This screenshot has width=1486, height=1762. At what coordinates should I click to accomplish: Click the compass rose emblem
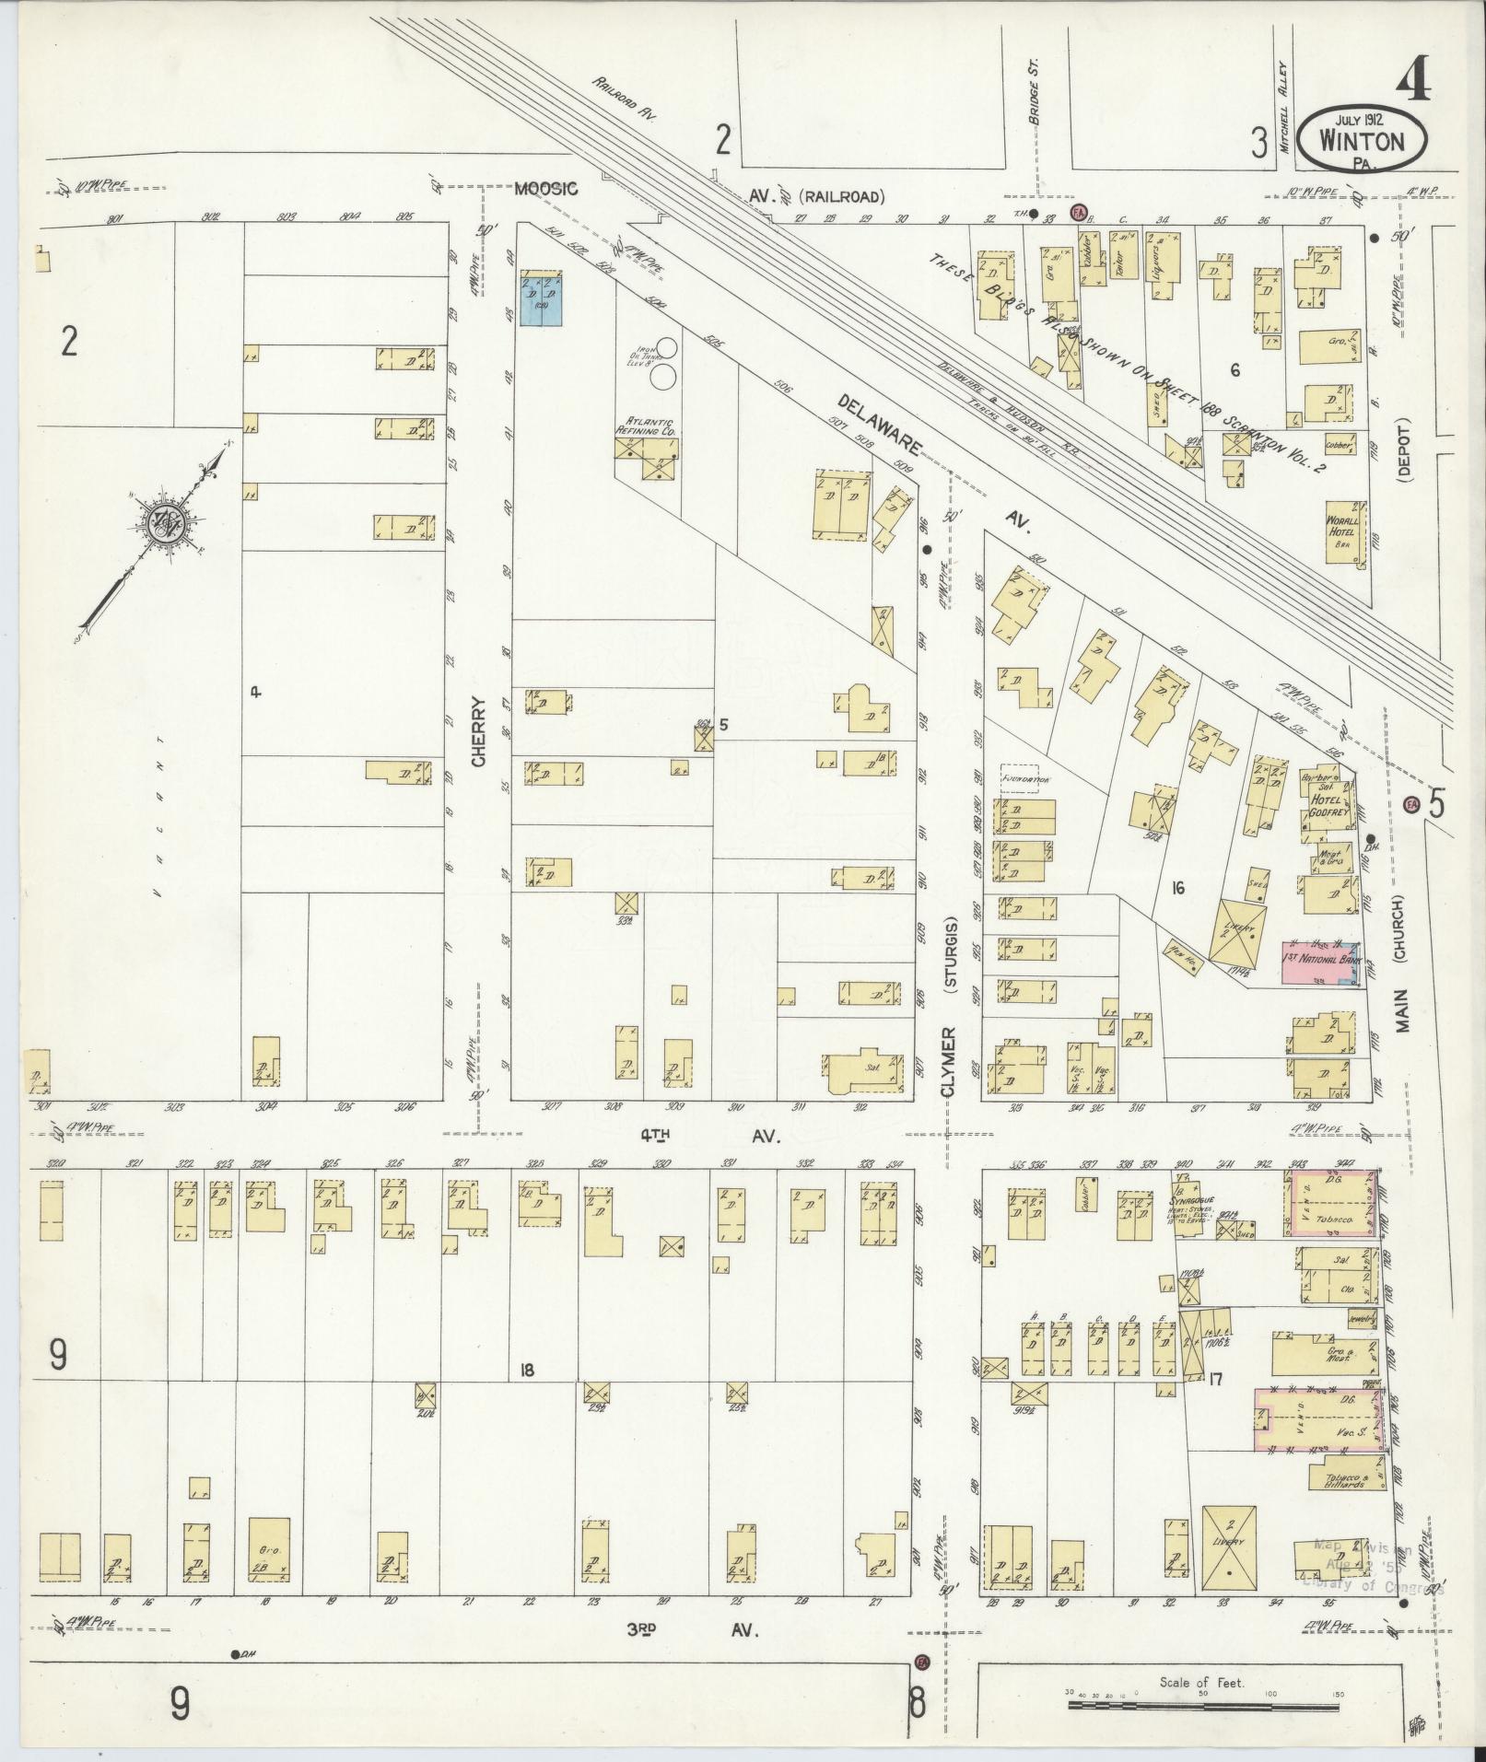click(x=170, y=521)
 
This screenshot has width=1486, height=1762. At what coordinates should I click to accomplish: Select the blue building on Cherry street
click(x=541, y=298)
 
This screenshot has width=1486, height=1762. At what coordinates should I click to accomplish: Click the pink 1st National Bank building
click(x=1319, y=964)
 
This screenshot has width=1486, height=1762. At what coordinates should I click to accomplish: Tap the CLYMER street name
click(x=949, y=1060)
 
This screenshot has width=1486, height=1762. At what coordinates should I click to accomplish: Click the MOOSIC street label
click(x=545, y=189)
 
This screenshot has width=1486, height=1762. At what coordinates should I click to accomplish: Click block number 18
click(x=526, y=1371)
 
